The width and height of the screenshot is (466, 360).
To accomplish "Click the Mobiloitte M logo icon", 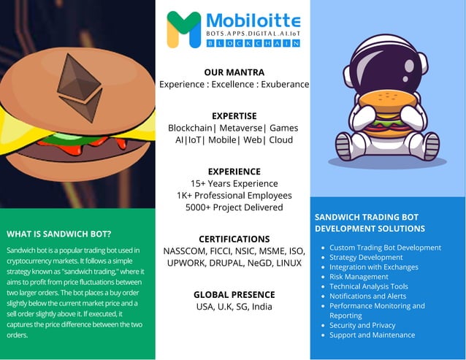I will tap(183, 29).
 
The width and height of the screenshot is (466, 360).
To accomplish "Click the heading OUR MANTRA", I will tap(234, 72).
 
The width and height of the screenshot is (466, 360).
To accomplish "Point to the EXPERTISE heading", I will tap(234, 115).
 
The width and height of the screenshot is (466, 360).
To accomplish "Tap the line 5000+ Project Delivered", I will tap(234, 207).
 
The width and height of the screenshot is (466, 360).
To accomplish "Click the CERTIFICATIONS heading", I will tap(234, 239).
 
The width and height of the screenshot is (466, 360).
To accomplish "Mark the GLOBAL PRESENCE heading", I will tap(234, 294).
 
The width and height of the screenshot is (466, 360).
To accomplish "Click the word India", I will tap(261, 307).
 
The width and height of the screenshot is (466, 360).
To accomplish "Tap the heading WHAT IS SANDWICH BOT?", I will tap(59, 234).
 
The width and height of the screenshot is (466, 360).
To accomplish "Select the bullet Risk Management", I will tap(359, 277).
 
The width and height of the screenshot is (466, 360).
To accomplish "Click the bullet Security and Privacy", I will tap(362, 326).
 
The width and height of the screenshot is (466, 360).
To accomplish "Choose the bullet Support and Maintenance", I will tap(372, 335).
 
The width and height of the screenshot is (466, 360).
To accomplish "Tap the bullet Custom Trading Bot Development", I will tap(385, 248).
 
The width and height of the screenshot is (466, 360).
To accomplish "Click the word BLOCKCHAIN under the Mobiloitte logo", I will tap(253, 44).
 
